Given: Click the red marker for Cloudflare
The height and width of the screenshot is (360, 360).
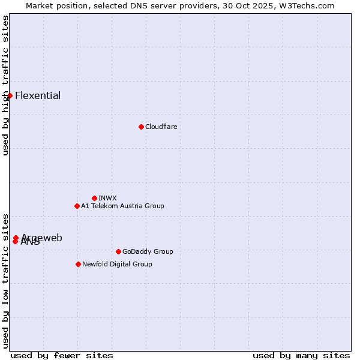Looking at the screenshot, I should tap(141, 127).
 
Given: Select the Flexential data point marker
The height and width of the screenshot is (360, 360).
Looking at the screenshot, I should tap(10, 95).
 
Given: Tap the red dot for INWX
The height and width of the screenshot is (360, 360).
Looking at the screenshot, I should tap(94, 198).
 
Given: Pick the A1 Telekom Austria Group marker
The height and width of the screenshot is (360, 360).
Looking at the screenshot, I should tap(77, 206).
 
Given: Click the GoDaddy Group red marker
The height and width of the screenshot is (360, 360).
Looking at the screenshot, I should tap(118, 251).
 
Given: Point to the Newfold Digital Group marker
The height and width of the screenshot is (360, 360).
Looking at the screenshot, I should tap(78, 264).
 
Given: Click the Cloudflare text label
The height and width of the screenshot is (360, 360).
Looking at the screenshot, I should tap(161, 127).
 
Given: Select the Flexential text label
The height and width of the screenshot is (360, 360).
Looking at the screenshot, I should tap(38, 95).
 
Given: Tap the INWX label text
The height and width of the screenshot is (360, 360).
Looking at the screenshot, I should tap(107, 198).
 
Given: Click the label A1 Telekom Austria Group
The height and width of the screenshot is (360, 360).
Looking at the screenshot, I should tap(122, 206).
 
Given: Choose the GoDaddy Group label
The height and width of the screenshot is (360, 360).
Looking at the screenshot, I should tap(148, 251).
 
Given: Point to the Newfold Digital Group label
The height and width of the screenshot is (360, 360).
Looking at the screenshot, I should tap(117, 264).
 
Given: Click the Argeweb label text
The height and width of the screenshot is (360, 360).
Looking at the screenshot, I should tap(42, 238).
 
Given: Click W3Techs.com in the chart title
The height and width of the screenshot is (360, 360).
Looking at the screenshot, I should tap(310, 5).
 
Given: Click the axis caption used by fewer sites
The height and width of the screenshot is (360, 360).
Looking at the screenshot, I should tap(62, 355).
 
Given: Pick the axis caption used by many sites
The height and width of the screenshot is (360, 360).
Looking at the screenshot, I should tap(301, 355).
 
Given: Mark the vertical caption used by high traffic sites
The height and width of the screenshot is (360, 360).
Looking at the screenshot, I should tap(5, 85).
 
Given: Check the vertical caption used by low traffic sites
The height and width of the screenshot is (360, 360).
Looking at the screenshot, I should tap(5, 280).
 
